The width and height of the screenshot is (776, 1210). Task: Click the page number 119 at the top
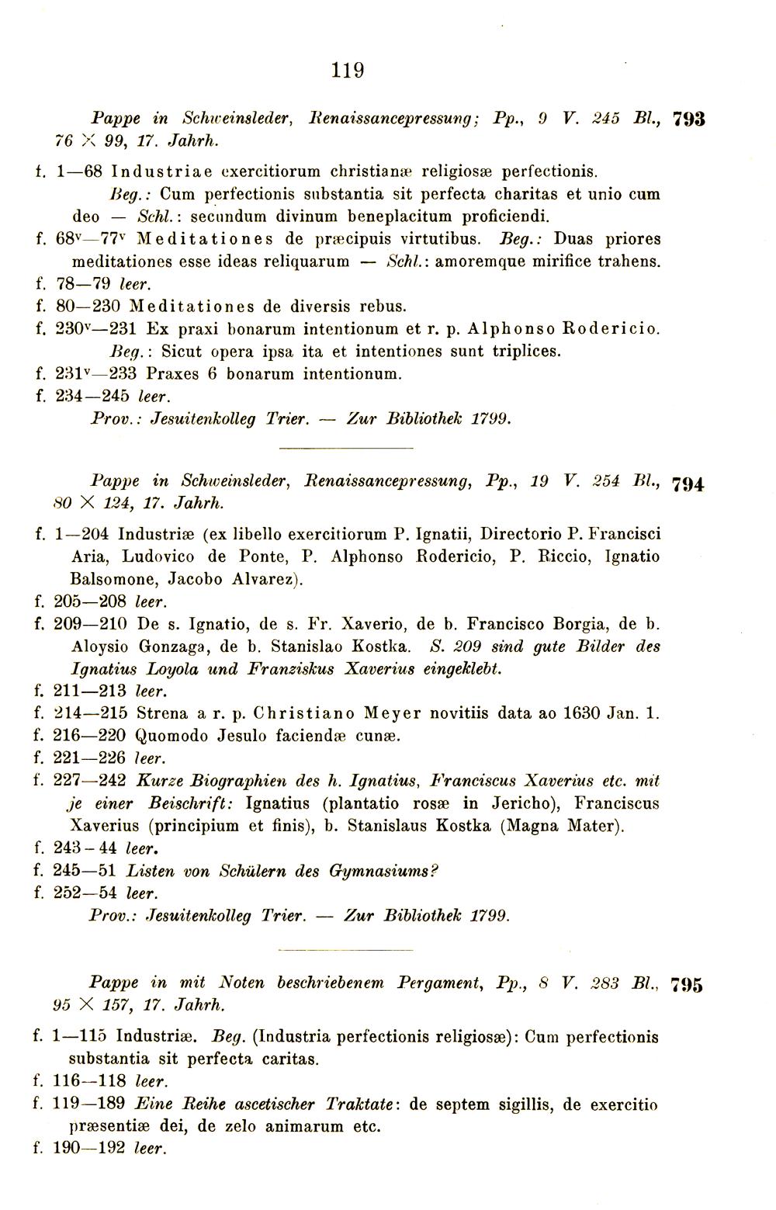(x=347, y=71)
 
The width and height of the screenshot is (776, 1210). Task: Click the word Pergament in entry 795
(x=442, y=982)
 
